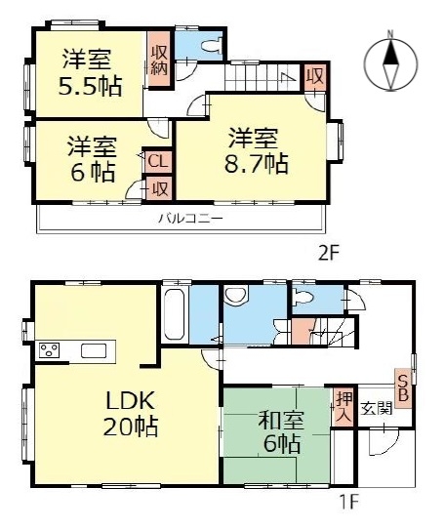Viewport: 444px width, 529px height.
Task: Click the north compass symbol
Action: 388,61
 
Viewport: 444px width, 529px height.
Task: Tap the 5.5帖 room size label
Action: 90,85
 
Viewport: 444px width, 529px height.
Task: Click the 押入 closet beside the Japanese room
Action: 343,407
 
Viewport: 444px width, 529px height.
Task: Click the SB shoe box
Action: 402,384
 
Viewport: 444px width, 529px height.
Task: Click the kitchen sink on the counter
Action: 94,350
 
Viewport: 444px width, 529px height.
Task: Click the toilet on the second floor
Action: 209,45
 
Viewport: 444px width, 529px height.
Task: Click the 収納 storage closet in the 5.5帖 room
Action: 158,58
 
